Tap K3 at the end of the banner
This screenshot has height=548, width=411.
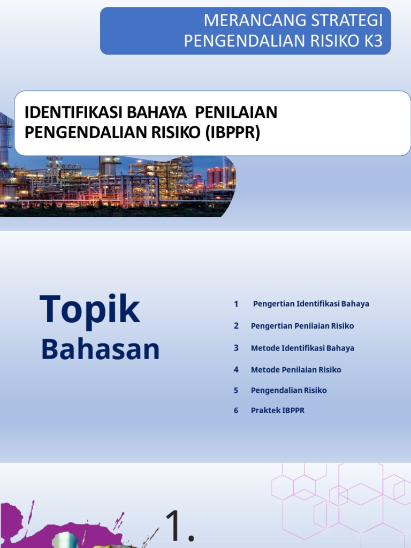click(x=374, y=41)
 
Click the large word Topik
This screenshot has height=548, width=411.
click(x=89, y=310)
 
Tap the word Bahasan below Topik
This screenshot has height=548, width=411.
click(x=101, y=349)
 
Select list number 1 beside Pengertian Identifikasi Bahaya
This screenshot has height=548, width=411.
click(x=236, y=304)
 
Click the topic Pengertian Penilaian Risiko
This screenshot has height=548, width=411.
click(x=302, y=326)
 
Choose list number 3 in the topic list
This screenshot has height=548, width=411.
click(x=236, y=348)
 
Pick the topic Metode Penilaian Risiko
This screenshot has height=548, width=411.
click(x=296, y=370)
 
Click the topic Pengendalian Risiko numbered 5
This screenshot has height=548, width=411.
click(x=288, y=391)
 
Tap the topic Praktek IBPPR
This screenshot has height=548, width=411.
click(x=278, y=411)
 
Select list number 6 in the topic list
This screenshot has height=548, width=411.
click(x=236, y=411)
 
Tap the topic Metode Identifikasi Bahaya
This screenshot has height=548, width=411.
click(x=302, y=348)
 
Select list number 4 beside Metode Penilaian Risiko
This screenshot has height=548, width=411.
click(x=236, y=370)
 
